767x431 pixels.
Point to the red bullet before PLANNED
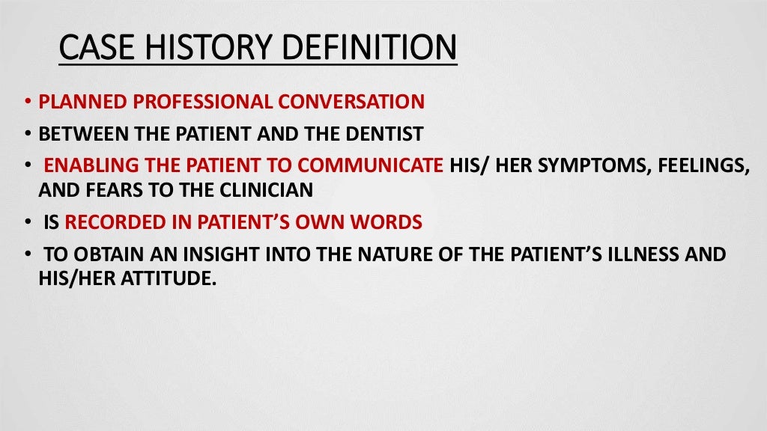(27, 103)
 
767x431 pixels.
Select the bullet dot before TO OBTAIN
(27, 255)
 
